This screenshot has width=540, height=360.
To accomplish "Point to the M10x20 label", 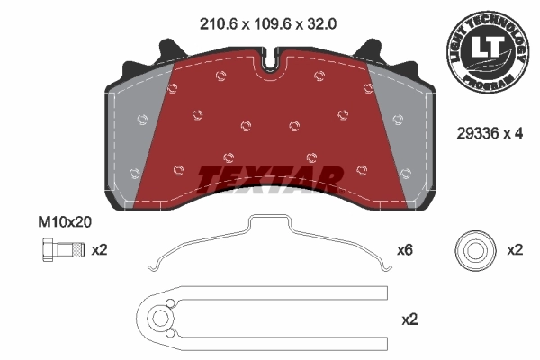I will click(x=65, y=220).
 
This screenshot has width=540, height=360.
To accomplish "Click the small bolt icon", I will click(x=53, y=249).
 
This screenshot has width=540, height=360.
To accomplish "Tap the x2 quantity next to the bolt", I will click(x=99, y=249).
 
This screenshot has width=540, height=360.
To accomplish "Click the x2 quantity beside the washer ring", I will click(x=514, y=249).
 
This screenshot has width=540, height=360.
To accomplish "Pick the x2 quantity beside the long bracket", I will click(x=409, y=319).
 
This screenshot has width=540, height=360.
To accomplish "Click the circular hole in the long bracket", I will click(x=159, y=318).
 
